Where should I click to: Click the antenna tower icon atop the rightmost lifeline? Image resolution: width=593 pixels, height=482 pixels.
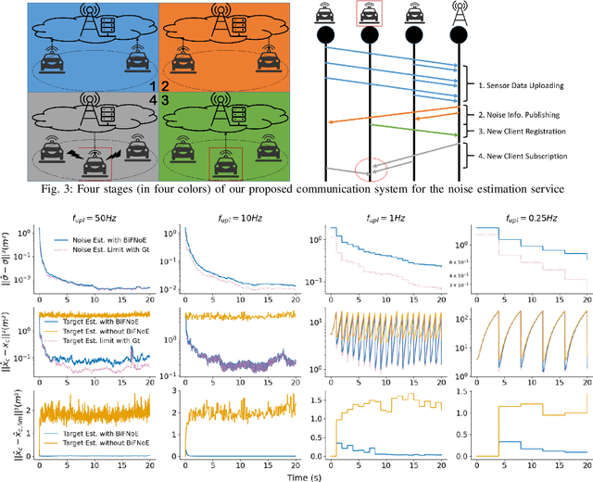(457, 14)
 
